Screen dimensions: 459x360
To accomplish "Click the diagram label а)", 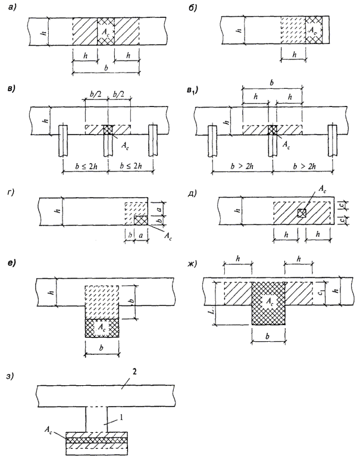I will point(10,8).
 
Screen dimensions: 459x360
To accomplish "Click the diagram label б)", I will point(190,8).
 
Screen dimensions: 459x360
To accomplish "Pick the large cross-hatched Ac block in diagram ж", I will point(271,303).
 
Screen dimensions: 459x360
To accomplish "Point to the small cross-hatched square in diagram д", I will point(302,213).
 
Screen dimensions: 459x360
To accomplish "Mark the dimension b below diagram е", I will point(104,348).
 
